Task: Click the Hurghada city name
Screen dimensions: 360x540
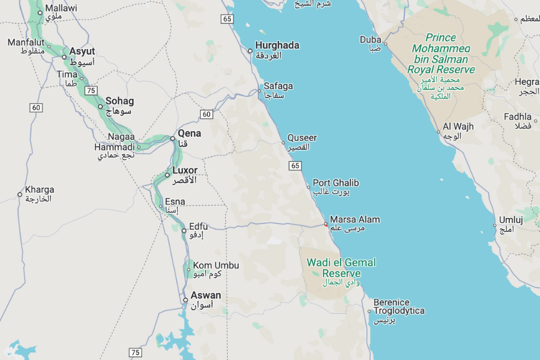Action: (277, 46)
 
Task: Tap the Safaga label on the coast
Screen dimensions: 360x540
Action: (278, 86)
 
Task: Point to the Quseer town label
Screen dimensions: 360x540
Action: (302, 138)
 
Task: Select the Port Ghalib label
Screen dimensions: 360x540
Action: (335, 183)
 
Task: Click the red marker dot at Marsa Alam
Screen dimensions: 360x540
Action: (326, 224)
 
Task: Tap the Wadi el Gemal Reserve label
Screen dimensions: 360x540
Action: (341, 268)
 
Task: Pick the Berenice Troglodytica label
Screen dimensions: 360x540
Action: (398, 307)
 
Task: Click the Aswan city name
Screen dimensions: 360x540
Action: (206, 295)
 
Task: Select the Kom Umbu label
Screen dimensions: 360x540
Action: (215, 265)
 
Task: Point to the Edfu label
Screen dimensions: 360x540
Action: (198, 226)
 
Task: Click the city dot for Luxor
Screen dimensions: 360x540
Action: (167, 175)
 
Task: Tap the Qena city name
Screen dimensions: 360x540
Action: (190, 133)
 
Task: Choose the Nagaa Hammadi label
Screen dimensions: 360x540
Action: (115, 142)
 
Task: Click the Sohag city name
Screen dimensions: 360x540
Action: (119, 101)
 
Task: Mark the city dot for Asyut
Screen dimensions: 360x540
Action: (64, 58)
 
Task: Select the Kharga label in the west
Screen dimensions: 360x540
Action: (39, 190)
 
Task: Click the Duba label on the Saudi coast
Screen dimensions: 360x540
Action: (370, 40)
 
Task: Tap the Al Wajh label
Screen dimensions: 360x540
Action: (458, 127)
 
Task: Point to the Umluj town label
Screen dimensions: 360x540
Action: (511, 220)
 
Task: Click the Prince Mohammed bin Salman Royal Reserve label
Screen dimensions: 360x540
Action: (441, 53)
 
